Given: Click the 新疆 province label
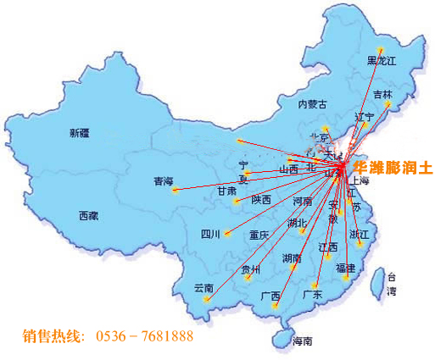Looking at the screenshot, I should (x=79, y=133).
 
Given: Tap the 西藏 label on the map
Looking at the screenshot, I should (x=88, y=215).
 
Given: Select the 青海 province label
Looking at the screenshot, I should (x=163, y=181).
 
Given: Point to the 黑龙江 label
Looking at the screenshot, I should (x=381, y=60).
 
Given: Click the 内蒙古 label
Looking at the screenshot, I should (x=311, y=104).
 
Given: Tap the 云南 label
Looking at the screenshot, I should (x=204, y=287).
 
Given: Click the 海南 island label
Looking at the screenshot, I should (x=302, y=341).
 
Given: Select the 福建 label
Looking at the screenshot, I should (x=345, y=268).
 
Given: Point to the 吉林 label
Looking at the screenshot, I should (x=383, y=94).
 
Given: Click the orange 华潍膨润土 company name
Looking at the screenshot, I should (x=393, y=169).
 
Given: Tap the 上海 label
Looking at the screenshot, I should (x=360, y=180).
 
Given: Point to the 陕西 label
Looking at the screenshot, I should (x=261, y=200).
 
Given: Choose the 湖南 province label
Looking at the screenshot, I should (x=292, y=258).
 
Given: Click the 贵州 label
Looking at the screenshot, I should (x=251, y=269).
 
